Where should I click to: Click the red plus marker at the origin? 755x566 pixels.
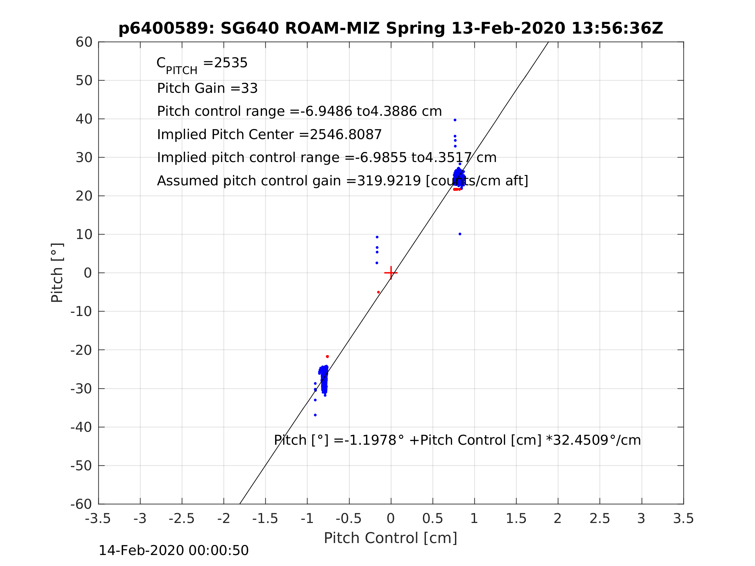(x=391, y=273)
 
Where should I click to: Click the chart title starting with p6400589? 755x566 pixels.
(x=391, y=28)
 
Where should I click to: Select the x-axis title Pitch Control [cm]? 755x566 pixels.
(x=391, y=538)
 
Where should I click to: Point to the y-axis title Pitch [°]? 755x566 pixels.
(x=57, y=273)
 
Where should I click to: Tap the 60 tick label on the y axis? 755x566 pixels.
(x=84, y=42)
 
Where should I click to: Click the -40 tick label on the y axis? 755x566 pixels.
(x=81, y=427)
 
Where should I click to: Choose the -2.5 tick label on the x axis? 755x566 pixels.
(x=182, y=518)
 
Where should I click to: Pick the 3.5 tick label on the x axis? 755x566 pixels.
(x=683, y=518)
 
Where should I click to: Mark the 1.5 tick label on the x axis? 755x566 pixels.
(x=516, y=518)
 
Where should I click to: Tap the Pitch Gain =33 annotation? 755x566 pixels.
(x=207, y=88)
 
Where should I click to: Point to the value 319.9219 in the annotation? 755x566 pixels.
(x=389, y=181)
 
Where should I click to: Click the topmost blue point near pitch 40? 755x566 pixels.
(x=455, y=120)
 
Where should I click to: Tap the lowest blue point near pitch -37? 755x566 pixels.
(x=315, y=415)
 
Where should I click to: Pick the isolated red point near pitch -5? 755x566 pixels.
(x=379, y=292)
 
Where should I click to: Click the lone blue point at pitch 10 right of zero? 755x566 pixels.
(x=460, y=234)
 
